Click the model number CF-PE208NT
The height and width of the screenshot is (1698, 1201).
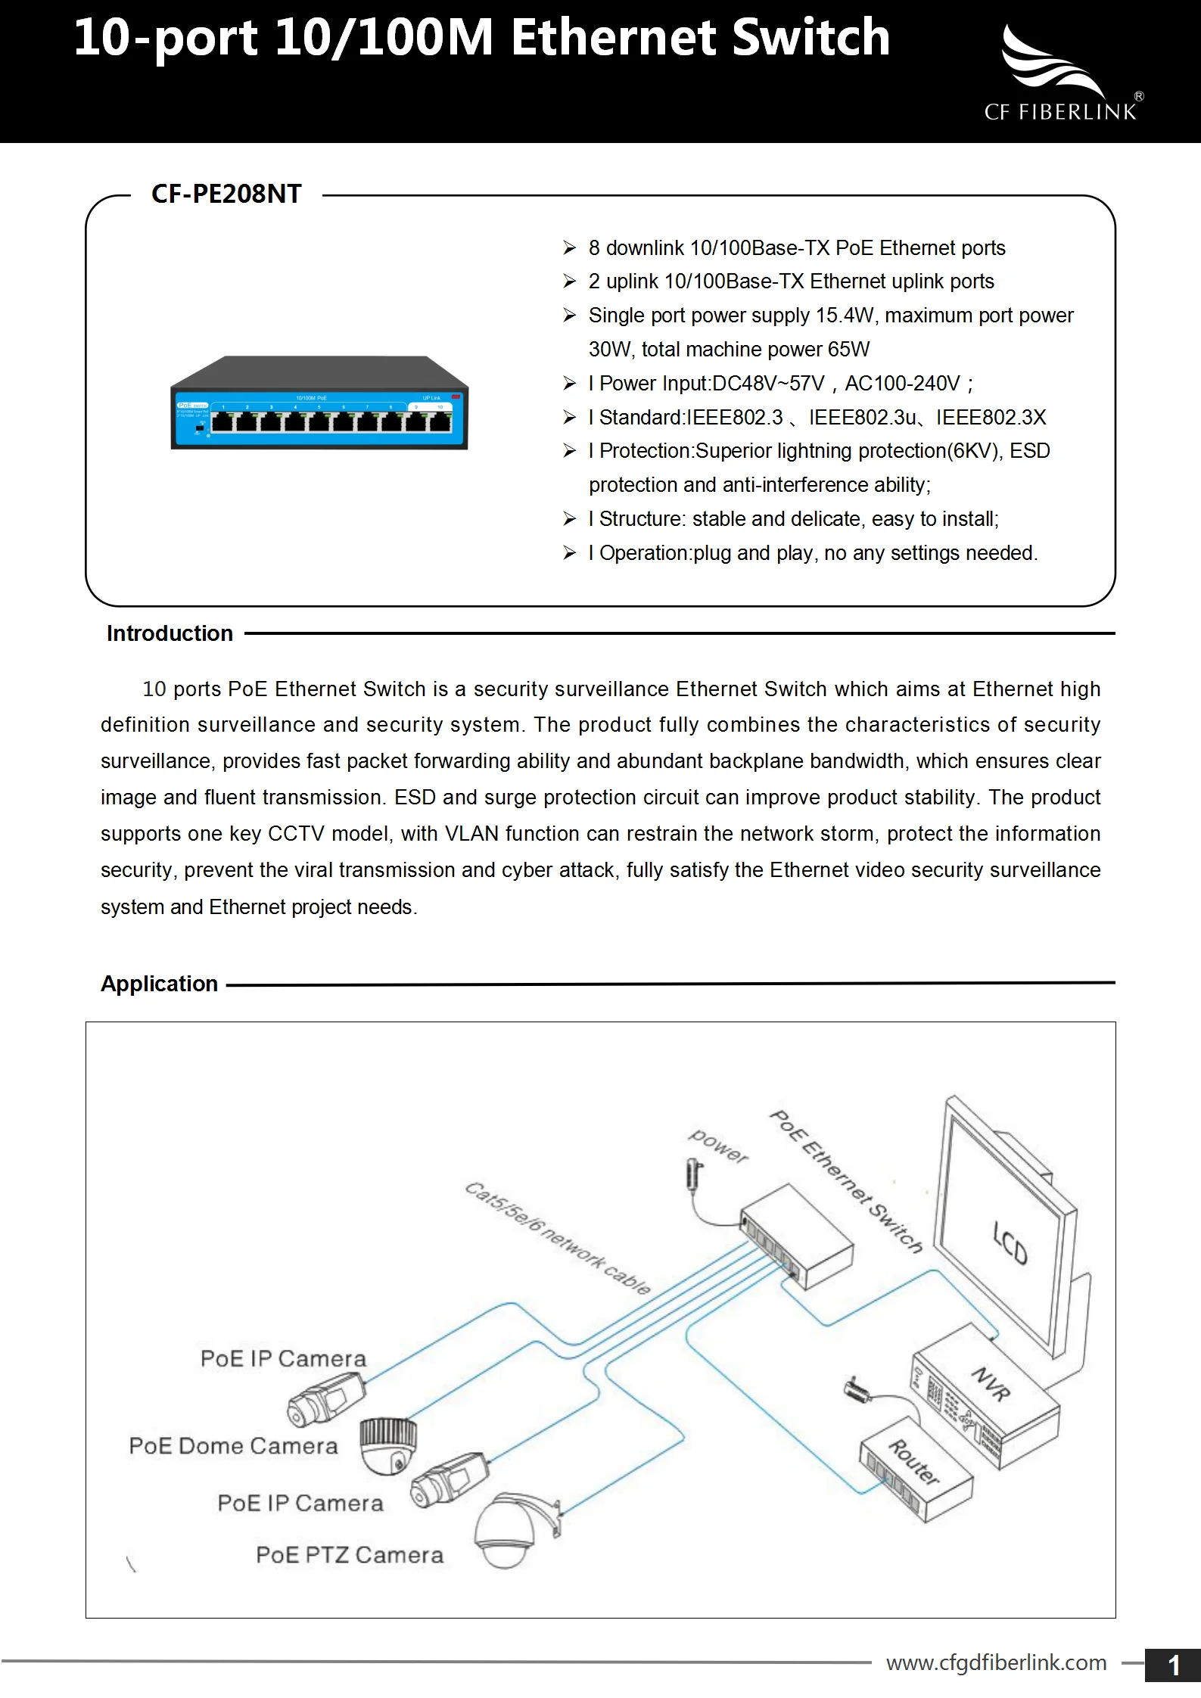(226, 194)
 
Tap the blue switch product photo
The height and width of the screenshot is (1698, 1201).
(319, 403)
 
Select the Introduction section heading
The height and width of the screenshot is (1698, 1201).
(170, 633)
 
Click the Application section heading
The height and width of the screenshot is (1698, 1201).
(159, 984)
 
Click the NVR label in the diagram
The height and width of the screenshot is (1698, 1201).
(991, 1382)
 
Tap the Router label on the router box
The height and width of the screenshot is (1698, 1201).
(913, 1462)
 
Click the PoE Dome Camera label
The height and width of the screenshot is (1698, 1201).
(233, 1446)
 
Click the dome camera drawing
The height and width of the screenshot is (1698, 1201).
(388, 1446)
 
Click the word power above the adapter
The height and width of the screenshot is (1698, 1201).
(717, 1146)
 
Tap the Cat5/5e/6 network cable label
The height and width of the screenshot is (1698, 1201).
(557, 1238)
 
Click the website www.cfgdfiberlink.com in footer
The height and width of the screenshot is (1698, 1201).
(996, 1662)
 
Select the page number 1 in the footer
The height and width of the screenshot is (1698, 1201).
(1174, 1665)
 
